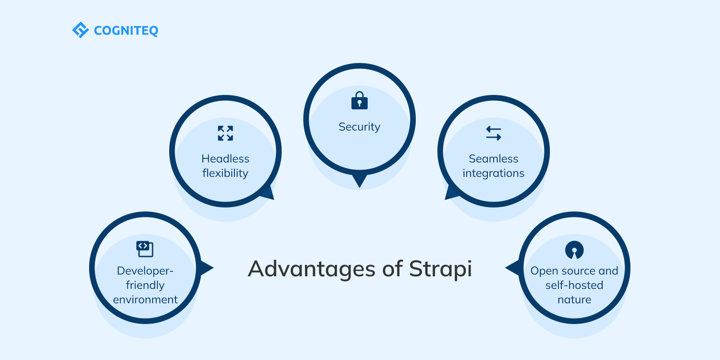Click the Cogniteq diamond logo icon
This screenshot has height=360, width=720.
point(81,30)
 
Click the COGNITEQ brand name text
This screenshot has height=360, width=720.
point(126,31)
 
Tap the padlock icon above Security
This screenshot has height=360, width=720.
point(360,101)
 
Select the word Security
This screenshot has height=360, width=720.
point(360,127)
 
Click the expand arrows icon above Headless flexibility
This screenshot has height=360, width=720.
point(225,133)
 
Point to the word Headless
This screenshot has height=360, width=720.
point(225,159)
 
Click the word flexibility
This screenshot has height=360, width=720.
point(225,173)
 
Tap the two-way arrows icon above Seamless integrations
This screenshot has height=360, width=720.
point(494,133)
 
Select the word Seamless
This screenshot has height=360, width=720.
point(494,159)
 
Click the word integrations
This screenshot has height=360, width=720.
point(494,173)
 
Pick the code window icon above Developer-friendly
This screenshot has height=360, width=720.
point(145,249)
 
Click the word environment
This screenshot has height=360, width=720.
point(145,300)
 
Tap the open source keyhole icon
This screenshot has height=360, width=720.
point(574,250)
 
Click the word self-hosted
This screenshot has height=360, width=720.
point(574,285)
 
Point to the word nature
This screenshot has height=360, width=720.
point(574,300)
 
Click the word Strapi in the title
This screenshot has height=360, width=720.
point(441,269)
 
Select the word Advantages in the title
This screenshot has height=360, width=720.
point(311,269)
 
